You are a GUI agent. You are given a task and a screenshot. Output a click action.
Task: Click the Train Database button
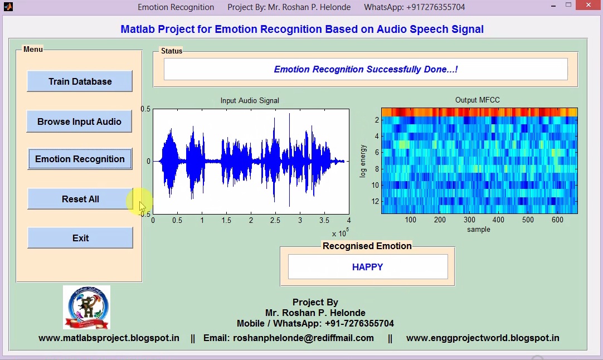(80, 81)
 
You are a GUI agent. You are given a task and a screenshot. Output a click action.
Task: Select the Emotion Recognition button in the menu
(80, 159)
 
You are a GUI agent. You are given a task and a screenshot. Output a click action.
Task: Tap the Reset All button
(80, 199)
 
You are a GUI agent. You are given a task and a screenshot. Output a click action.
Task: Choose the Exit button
(80, 238)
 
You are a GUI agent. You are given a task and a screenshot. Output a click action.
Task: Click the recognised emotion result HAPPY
(367, 267)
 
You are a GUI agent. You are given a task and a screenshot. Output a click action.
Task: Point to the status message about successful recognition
(366, 70)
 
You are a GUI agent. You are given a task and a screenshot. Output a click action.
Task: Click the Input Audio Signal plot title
(250, 101)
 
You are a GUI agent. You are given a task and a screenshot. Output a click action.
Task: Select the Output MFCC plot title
(478, 100)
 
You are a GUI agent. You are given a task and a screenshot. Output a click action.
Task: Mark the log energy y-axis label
(363, 161)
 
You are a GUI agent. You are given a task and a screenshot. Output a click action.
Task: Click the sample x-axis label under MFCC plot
(479, 229)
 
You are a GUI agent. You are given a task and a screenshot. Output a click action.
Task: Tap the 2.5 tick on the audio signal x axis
(275, 221)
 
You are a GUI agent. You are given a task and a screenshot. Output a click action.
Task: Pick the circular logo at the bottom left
(86, 307)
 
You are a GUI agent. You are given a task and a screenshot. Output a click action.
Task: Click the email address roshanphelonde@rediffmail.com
(303, 338)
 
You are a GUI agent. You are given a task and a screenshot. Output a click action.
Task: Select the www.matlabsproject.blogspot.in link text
(109, 338)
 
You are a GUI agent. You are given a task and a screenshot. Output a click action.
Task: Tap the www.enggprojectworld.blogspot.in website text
(483, 338)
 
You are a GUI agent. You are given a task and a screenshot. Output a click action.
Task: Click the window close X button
(590, 6)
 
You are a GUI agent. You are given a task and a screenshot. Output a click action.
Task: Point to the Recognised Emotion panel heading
(367, 246)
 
